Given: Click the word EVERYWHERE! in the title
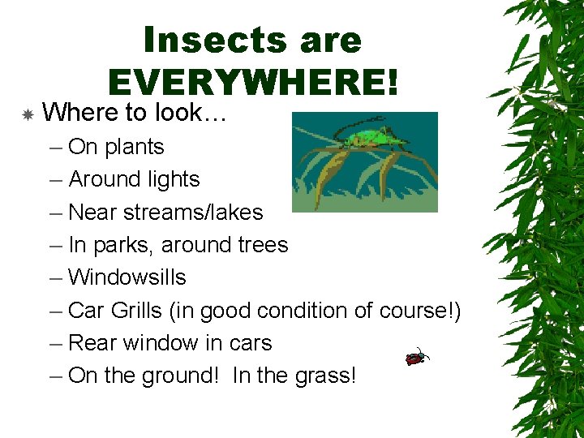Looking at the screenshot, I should [253, 80].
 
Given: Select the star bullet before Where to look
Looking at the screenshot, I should [27, 115].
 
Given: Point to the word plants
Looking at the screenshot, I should [135, 148].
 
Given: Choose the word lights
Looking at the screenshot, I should [170, 179].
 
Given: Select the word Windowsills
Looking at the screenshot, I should [127, 277].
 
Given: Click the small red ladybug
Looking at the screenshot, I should [417, 356].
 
